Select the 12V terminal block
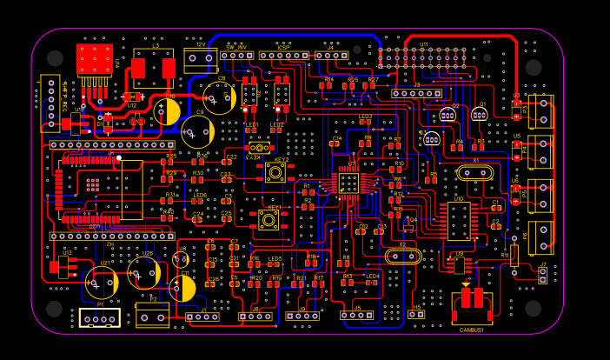click(200, 59)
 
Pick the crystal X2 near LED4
click(402, 256)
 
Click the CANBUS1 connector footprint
click(472, 307)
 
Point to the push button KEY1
click(269, 221)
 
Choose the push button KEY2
click(275, 172)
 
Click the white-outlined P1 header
click(100, 318)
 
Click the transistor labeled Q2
click(448, 114)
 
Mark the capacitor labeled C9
click(198, 131)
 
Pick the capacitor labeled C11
click(182, 288)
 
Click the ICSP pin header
click(283, 55)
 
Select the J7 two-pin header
click(543, 276)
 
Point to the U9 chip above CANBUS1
click(459, 264)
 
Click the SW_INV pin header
click(235, 55)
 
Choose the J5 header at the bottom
click(357, 315)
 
